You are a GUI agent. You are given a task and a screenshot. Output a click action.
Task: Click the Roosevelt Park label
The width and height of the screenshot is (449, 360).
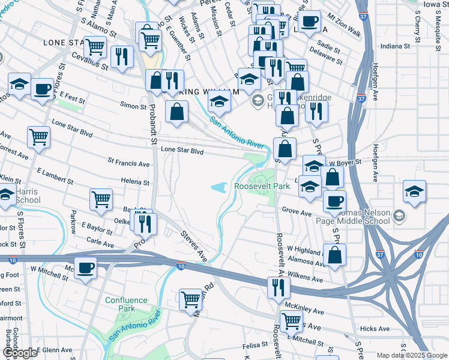point(262,187)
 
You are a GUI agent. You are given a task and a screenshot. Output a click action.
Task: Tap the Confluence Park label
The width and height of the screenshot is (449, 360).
point(125,304)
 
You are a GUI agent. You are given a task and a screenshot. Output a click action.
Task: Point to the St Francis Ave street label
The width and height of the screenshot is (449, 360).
point(128,163)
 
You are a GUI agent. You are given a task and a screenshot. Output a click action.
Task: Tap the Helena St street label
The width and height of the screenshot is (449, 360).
point(135,181)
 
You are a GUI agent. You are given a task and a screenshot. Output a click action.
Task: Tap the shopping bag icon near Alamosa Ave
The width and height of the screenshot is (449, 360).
point(334,254)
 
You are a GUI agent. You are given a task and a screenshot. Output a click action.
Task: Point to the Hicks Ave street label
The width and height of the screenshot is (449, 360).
point(375,329)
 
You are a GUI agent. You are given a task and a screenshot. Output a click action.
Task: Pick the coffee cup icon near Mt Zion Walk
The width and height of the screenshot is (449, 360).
point(309,22)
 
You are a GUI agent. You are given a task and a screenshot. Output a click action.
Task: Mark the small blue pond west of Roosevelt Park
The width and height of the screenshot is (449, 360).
point(220,188)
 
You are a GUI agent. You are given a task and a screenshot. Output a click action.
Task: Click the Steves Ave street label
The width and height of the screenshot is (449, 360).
point(194,247)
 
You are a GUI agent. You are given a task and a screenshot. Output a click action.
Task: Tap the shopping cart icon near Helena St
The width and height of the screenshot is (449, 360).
point(101,199)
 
